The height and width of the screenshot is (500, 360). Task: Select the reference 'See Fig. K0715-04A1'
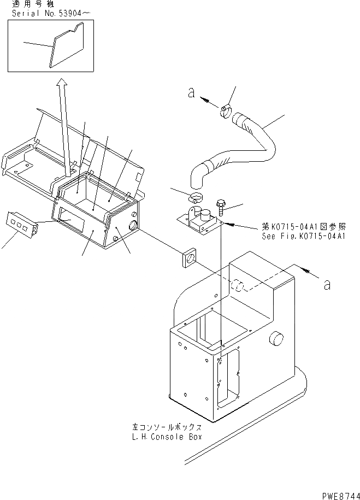pos(305,236)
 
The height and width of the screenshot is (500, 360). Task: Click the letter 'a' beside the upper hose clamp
pos(191,93)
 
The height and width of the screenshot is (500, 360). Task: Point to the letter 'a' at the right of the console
pos(327,284)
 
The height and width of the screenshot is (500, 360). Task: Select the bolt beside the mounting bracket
pos(221,206)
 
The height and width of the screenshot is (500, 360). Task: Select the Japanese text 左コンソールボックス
pos(167,427)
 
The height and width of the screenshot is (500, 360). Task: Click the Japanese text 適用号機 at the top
pos(27,5)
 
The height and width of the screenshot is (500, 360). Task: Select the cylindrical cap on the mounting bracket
pos(205,214)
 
